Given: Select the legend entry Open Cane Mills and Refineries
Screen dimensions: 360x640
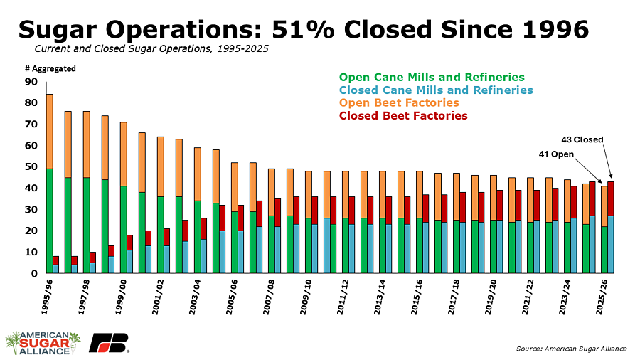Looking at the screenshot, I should coord(432,77).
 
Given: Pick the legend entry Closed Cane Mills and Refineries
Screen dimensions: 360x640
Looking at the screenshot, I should coord(436,90).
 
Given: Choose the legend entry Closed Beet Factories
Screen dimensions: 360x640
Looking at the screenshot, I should coord(403,115).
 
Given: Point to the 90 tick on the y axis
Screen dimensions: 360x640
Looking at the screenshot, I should coord(31,82).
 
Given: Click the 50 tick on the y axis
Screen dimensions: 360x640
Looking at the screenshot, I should coord(31,167).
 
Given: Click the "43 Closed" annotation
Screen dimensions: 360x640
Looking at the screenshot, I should coord(584,139).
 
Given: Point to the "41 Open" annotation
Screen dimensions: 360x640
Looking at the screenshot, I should coord(557,154).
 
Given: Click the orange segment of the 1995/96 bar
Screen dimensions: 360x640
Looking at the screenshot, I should coord(49,132).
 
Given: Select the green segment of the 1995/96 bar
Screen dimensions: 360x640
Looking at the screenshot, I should coord(49,221).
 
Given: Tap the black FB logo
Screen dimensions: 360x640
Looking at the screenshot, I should coord(108,342).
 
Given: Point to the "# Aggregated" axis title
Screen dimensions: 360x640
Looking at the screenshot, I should coord(50,68).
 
